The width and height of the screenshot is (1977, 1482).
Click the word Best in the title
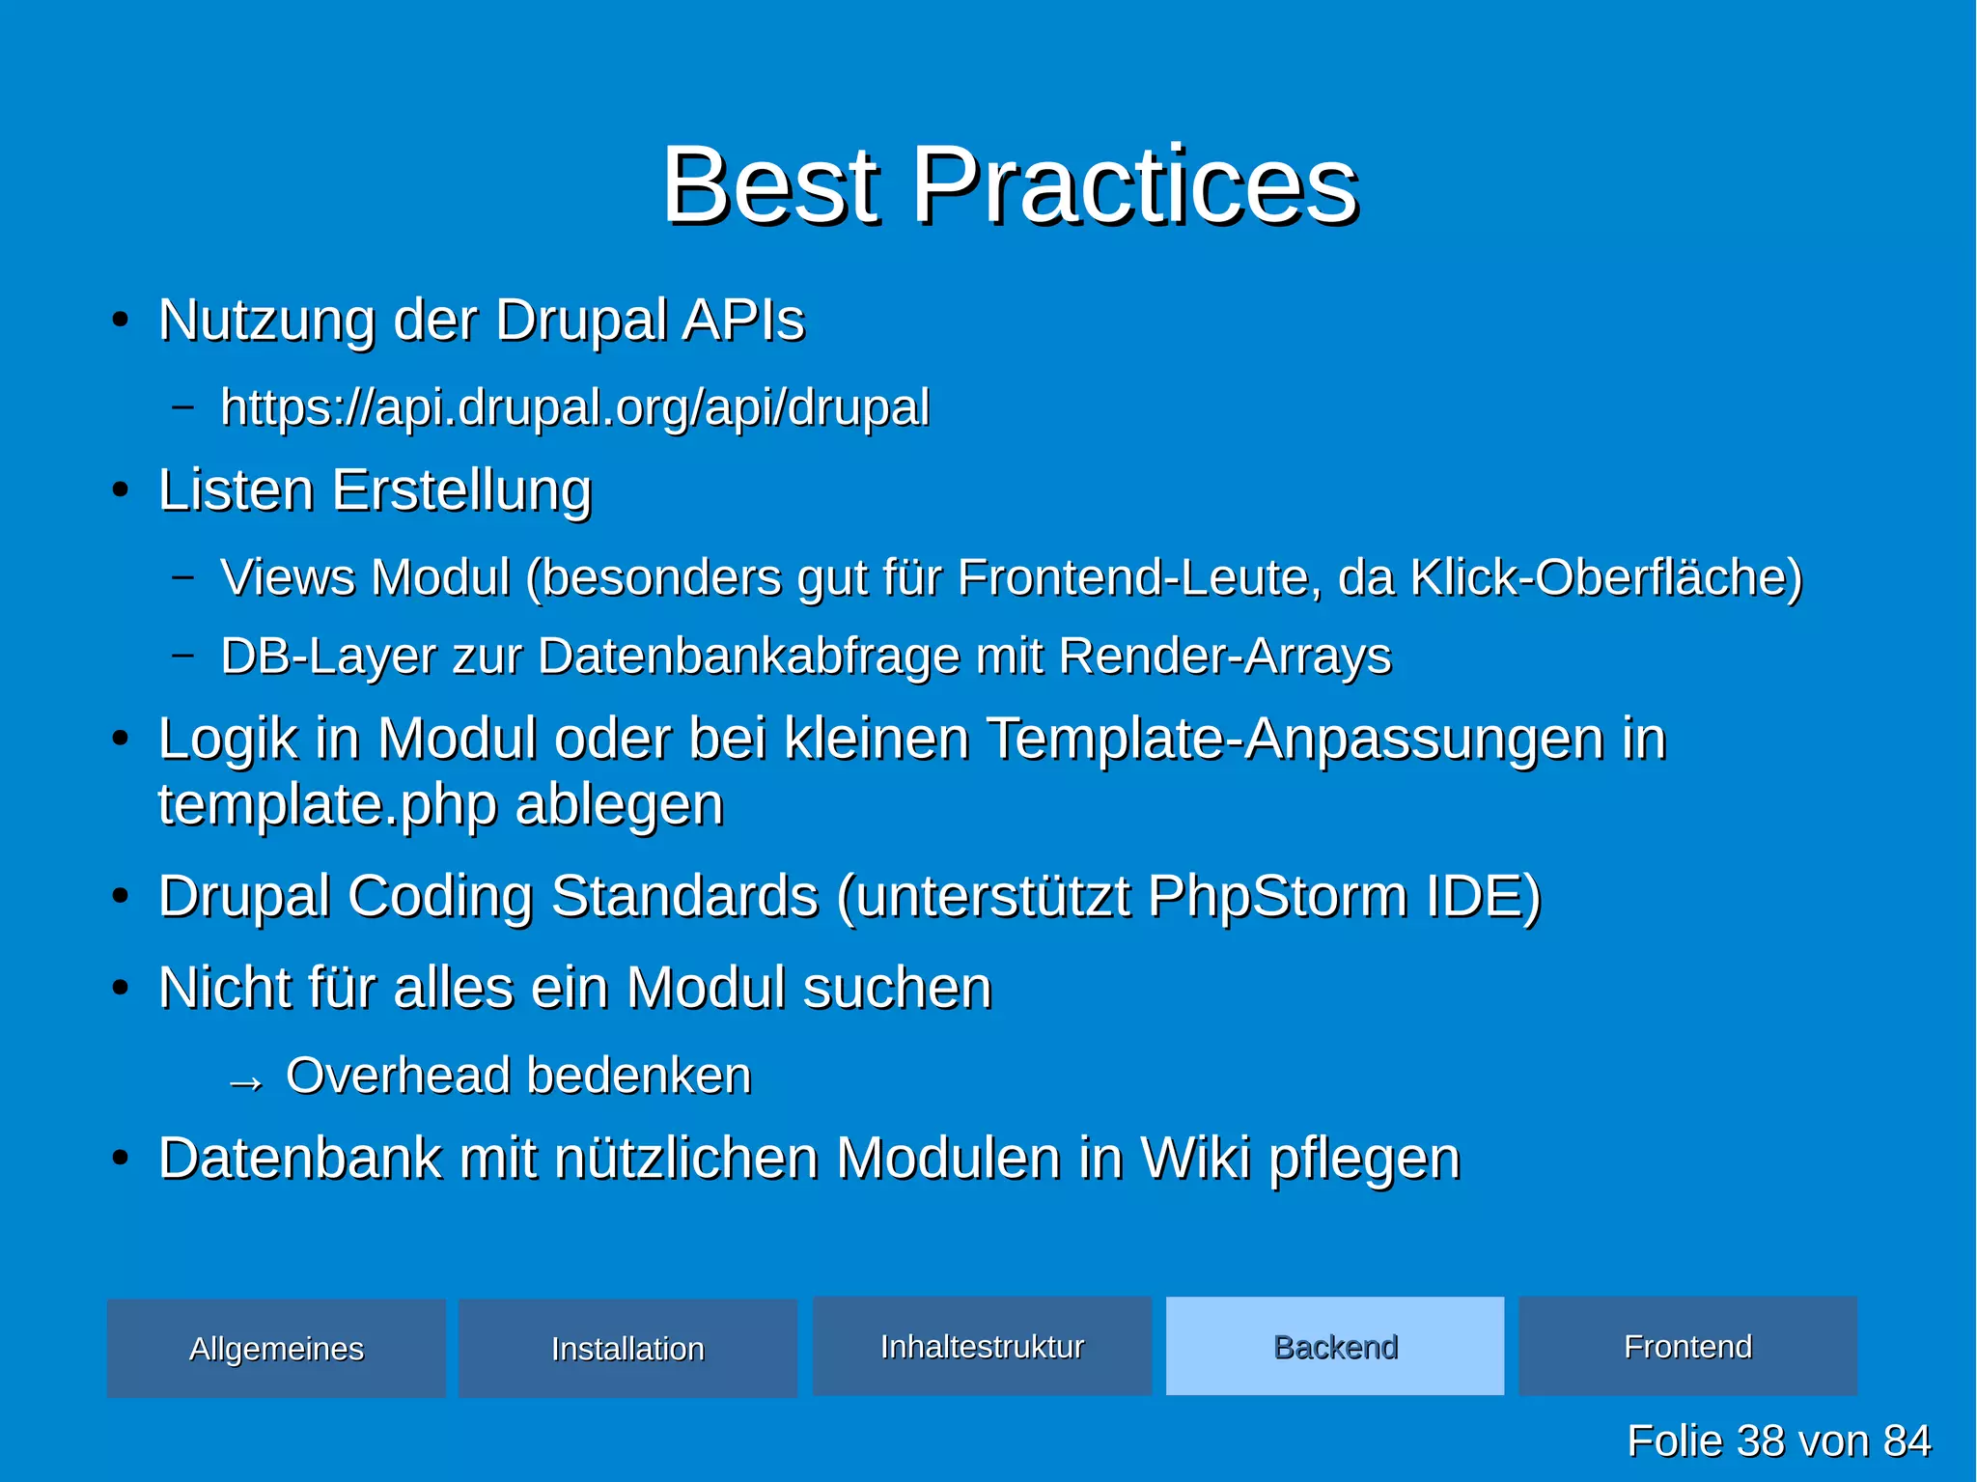click(x=770, y=185)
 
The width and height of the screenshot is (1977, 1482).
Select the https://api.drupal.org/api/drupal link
click(x=574, y=407)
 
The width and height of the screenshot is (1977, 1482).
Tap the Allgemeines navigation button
click(x=276, y=1348)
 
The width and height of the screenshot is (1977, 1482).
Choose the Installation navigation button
click(x=627, y=1348)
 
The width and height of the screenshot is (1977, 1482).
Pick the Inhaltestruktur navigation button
click(x=982, y=1346)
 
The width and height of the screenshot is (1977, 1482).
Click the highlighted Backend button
click(x=1335, y=1346)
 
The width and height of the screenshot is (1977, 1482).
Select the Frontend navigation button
click(x=1687, y=1346)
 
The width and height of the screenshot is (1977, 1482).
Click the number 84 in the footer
click(x=1907, y=1441)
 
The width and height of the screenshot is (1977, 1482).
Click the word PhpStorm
click(x=1277, y=897)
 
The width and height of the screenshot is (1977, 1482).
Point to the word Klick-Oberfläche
click(x=1605, y=578)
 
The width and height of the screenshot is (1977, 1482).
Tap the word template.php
click(x=326, y=805)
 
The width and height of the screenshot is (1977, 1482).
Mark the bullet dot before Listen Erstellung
click(x=120, y=490)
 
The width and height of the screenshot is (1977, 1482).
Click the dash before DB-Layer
click(x=182, y=656)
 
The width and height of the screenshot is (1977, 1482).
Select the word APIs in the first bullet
click(x=742, y=321)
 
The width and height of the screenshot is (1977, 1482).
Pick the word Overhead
click(x=397, y=1076)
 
